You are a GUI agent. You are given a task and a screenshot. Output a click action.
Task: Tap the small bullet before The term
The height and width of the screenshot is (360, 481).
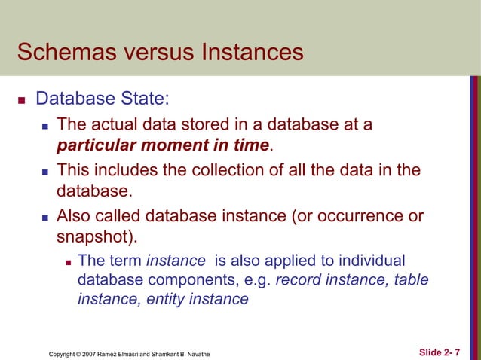click(x=68, y=261)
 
